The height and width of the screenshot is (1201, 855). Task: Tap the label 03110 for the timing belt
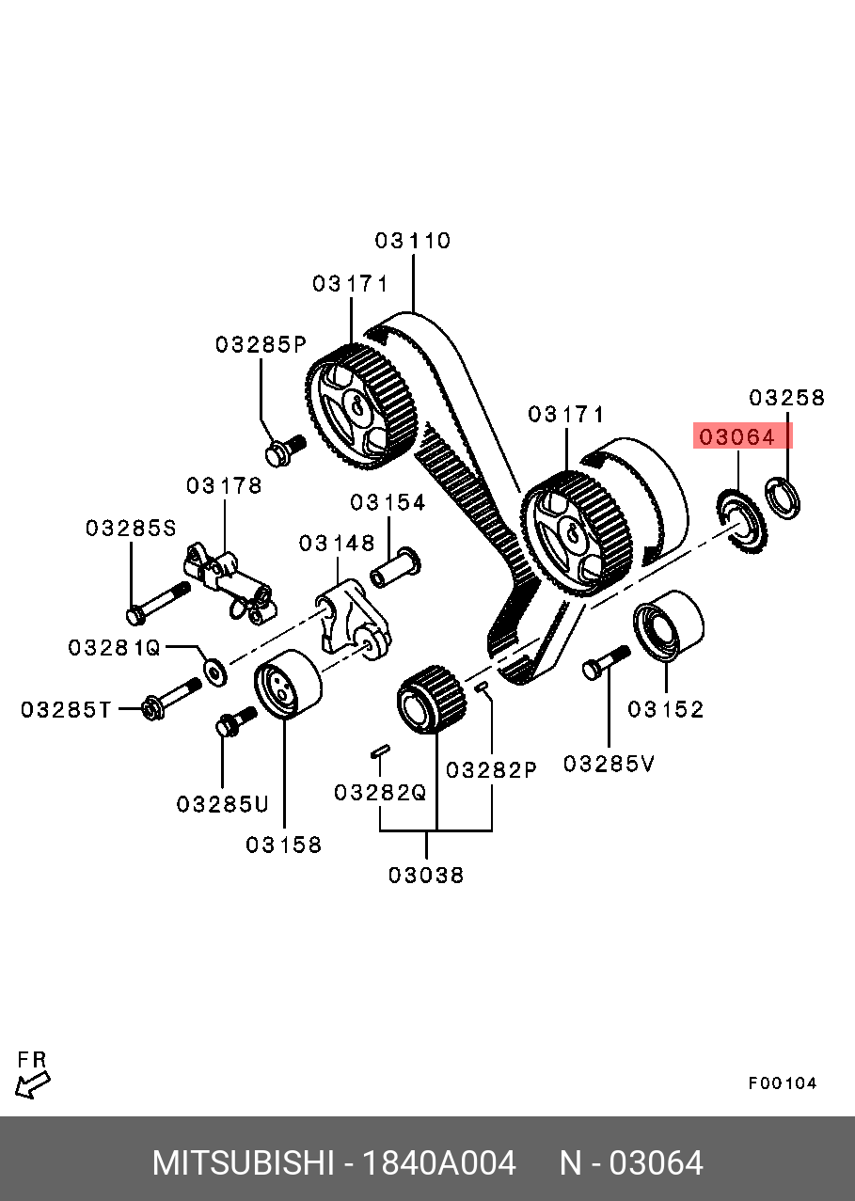point(413,241)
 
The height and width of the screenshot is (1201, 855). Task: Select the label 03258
point(786,398)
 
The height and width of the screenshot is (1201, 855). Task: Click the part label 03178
point(224,486)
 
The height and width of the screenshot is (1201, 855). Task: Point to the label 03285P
point(261,344)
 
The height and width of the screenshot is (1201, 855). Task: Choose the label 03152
point(666,709)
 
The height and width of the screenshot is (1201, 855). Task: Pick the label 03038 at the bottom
point(426,876)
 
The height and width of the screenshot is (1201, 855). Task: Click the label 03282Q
point(380,793)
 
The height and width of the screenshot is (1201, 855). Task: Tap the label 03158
point(283,845)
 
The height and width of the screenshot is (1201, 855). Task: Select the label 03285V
point(609,764)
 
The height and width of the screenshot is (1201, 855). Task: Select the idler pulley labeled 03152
point(668,626)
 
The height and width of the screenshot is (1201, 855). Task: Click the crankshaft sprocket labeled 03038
point(431,698)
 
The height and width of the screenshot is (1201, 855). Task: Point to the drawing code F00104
point(783,1083)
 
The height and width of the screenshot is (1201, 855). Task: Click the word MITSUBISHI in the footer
point(243,1163)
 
